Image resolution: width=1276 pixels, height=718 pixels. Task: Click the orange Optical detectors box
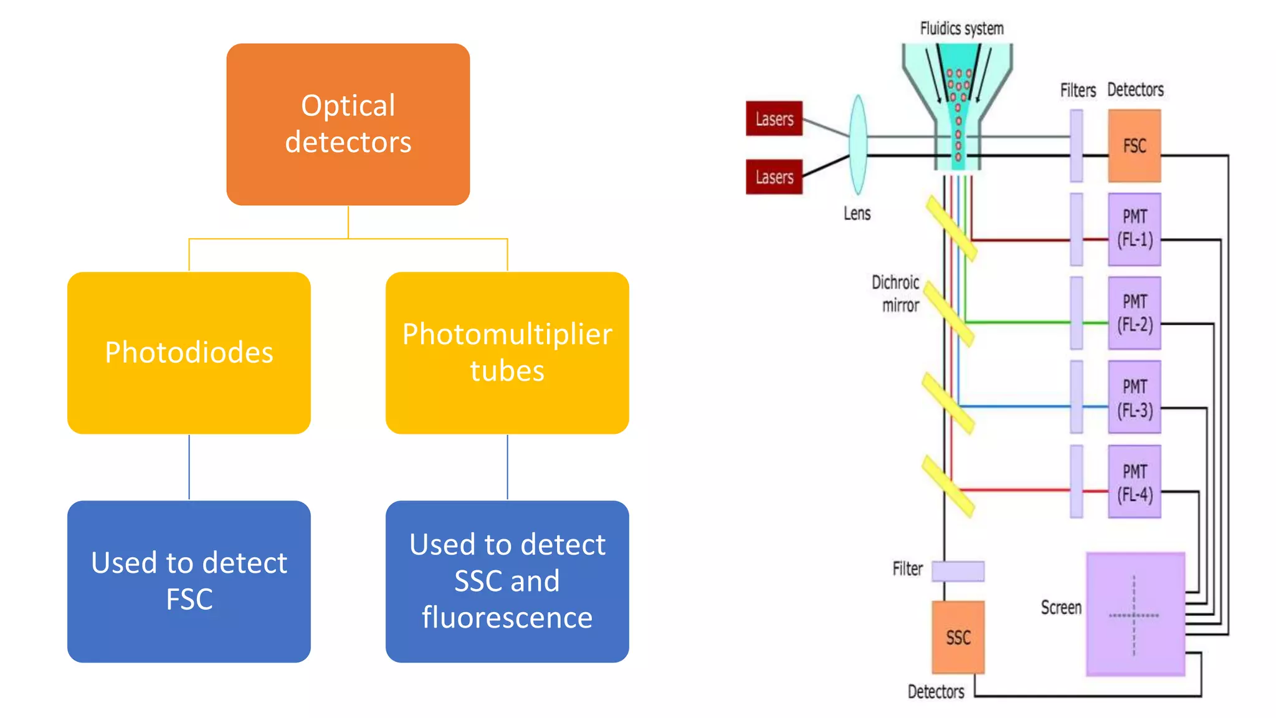click(x=348, y=124)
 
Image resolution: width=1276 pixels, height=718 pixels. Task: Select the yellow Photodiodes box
click(x=189, y=353)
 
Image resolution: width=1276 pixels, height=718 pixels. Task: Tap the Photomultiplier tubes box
click(x=507, y=353)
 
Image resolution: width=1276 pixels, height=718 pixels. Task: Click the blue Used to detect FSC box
click(x=189, y=581)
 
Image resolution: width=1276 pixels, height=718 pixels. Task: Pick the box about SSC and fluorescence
click(x=507, y=581)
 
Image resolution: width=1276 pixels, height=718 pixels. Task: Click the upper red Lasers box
click(x=774, y=118)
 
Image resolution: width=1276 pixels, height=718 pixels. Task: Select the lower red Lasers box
click(x=774, y=177)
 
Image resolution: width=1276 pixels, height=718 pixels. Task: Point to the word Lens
click(x=857, y=214)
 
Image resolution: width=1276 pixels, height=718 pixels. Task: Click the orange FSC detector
click(x=1134, y=146)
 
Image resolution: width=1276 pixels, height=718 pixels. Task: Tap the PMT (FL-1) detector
click(x=1134, y=229)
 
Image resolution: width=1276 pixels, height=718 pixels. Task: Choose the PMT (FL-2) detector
click(x=1134, y=313)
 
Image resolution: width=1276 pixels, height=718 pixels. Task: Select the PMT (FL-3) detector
click(x=1134, y=397)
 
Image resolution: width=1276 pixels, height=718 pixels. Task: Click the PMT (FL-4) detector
click(x=1134, y=482)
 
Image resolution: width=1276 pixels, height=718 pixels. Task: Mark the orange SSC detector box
click(x=958, y=637)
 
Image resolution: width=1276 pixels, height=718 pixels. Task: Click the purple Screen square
click(x=1135, y=614)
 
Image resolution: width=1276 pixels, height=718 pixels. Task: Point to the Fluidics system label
click(x=961, y=29)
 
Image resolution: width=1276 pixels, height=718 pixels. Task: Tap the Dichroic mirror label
click(x=896, y=294)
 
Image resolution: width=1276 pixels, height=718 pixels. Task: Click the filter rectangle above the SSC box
click(x=958, y=571)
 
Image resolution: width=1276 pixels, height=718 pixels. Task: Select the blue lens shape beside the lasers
click(x=858, y=145)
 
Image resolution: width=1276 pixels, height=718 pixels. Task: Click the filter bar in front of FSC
click(x=1076, y=146)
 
